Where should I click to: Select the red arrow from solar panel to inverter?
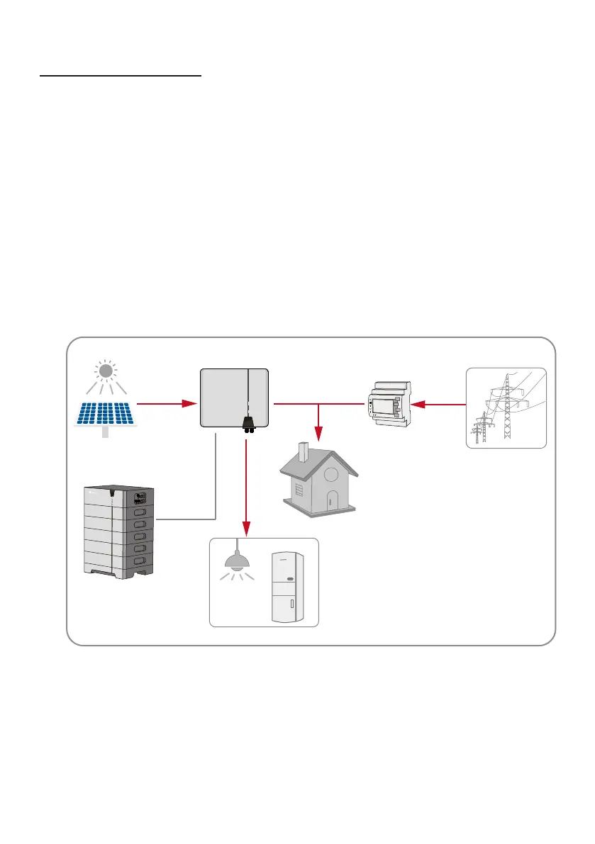click(x=166, y=403)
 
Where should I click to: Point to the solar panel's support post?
click(x=105, y=433)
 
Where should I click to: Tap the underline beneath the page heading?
click(x=120, y=75)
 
